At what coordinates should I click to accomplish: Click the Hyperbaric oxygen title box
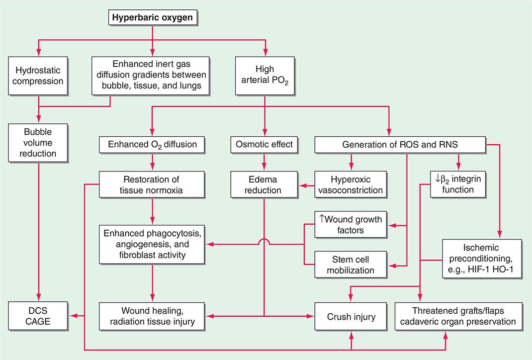click(153, 18)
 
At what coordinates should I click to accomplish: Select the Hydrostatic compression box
click(38, 75)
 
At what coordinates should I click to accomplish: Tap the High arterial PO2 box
click(265, 75)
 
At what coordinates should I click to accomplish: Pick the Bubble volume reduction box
click(38, 144)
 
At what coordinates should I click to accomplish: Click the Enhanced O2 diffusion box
click(153, 145)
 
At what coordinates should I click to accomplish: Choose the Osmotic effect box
click(264, 145)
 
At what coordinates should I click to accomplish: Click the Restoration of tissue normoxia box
click(153, 184)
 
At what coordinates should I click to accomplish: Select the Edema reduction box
click(264, 184)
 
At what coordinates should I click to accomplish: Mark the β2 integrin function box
click(458, 184)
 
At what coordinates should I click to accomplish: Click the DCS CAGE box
click(38, 315)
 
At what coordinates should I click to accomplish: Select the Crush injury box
click(352, 316)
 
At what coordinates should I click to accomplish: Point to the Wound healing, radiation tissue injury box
click(153, 315)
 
